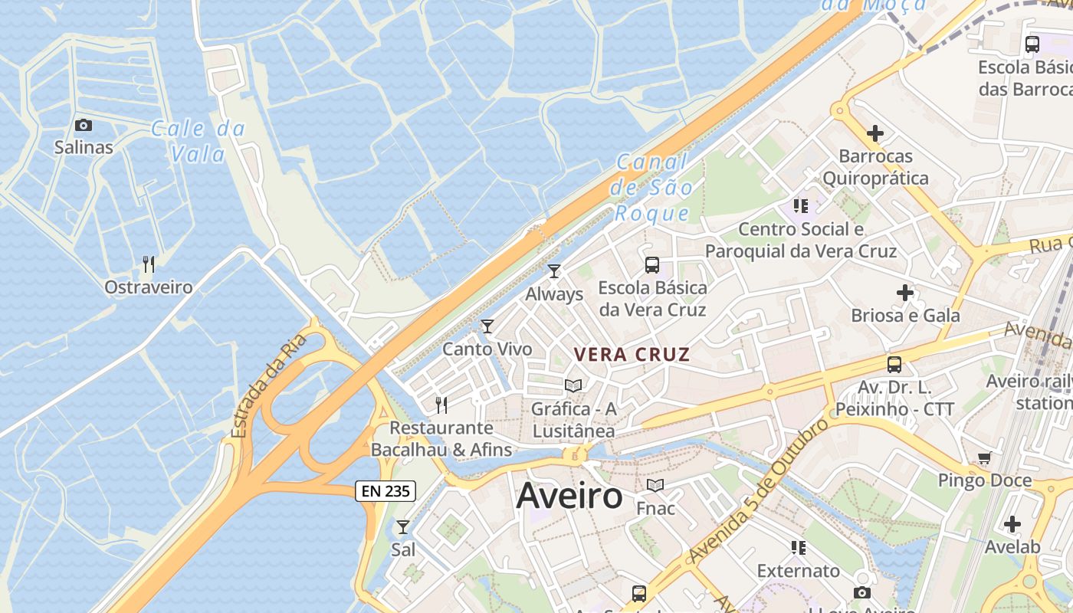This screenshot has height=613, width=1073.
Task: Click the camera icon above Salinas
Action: (x=83, y=125)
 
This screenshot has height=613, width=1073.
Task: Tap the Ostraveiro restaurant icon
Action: (x=149, y=265)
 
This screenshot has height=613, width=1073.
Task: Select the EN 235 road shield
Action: (x=386, y=491)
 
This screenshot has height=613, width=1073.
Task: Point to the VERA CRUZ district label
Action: (x=632, y=355)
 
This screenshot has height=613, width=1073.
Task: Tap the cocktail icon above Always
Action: (x=554, y=271)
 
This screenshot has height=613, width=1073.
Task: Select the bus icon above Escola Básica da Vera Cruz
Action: (x=652, y=265)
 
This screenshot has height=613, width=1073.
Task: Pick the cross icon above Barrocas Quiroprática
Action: (x=874, y=133)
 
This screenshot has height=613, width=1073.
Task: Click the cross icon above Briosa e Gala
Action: (x=905, y=293)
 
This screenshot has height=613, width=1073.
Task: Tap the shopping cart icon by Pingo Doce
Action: (x=985, y=458)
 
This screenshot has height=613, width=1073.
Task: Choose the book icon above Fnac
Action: (x=655, y=486)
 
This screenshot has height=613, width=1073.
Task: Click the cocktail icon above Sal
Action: (x=403, y=527)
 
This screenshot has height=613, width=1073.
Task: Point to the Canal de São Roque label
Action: (x=654, y=187)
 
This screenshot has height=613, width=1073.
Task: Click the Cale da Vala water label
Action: (x=198, y=142)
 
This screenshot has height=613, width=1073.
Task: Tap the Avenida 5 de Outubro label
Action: (x=760, y=490)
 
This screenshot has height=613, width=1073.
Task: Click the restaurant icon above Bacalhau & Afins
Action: (x=441, y=405)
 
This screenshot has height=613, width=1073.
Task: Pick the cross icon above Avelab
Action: (x=1012, y=525)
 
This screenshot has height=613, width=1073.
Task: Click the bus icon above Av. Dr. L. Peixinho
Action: (x=894, y=365)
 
